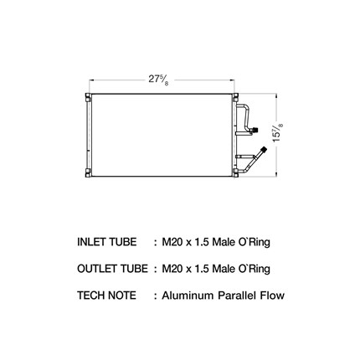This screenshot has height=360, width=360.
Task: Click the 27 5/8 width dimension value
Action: (158, 80)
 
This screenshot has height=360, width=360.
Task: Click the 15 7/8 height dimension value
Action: (278, 132)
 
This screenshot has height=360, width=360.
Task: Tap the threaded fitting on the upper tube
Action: (255, 130)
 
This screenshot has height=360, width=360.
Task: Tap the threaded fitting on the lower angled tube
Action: (263, 151)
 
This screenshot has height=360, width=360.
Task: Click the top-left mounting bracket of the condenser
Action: (88, 96)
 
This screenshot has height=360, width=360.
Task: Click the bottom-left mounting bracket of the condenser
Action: (88, 173)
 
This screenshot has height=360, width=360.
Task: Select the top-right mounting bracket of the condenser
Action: (235, 96)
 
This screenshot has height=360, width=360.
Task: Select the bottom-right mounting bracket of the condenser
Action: (235, 173)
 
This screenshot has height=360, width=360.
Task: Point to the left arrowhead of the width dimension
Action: (91, 80)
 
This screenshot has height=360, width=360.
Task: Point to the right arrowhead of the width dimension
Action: (232, 80)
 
